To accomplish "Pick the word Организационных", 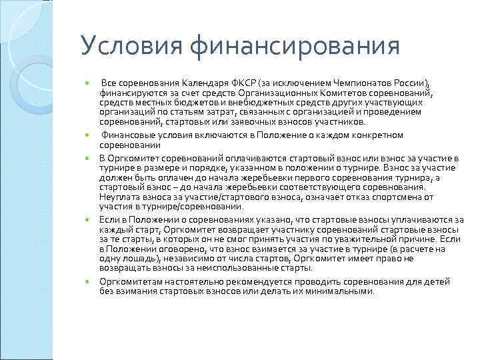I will click(293, 91).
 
